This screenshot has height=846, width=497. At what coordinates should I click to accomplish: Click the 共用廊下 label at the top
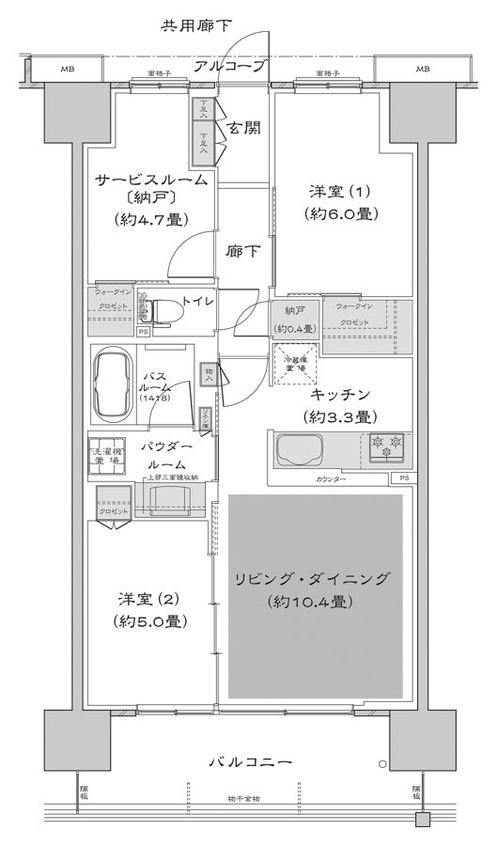195,25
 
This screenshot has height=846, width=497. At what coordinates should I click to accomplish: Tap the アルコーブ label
230,66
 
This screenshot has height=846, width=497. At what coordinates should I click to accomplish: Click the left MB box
68,70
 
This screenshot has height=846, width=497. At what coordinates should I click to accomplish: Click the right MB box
422,70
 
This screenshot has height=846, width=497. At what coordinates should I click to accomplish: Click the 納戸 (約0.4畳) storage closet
295,319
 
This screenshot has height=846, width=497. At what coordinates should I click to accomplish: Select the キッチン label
340,395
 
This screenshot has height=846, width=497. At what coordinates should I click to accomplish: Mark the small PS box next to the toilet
143,332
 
